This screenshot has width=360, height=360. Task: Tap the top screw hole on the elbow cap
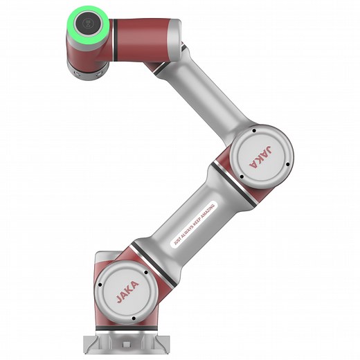click(x=255, y=130)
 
